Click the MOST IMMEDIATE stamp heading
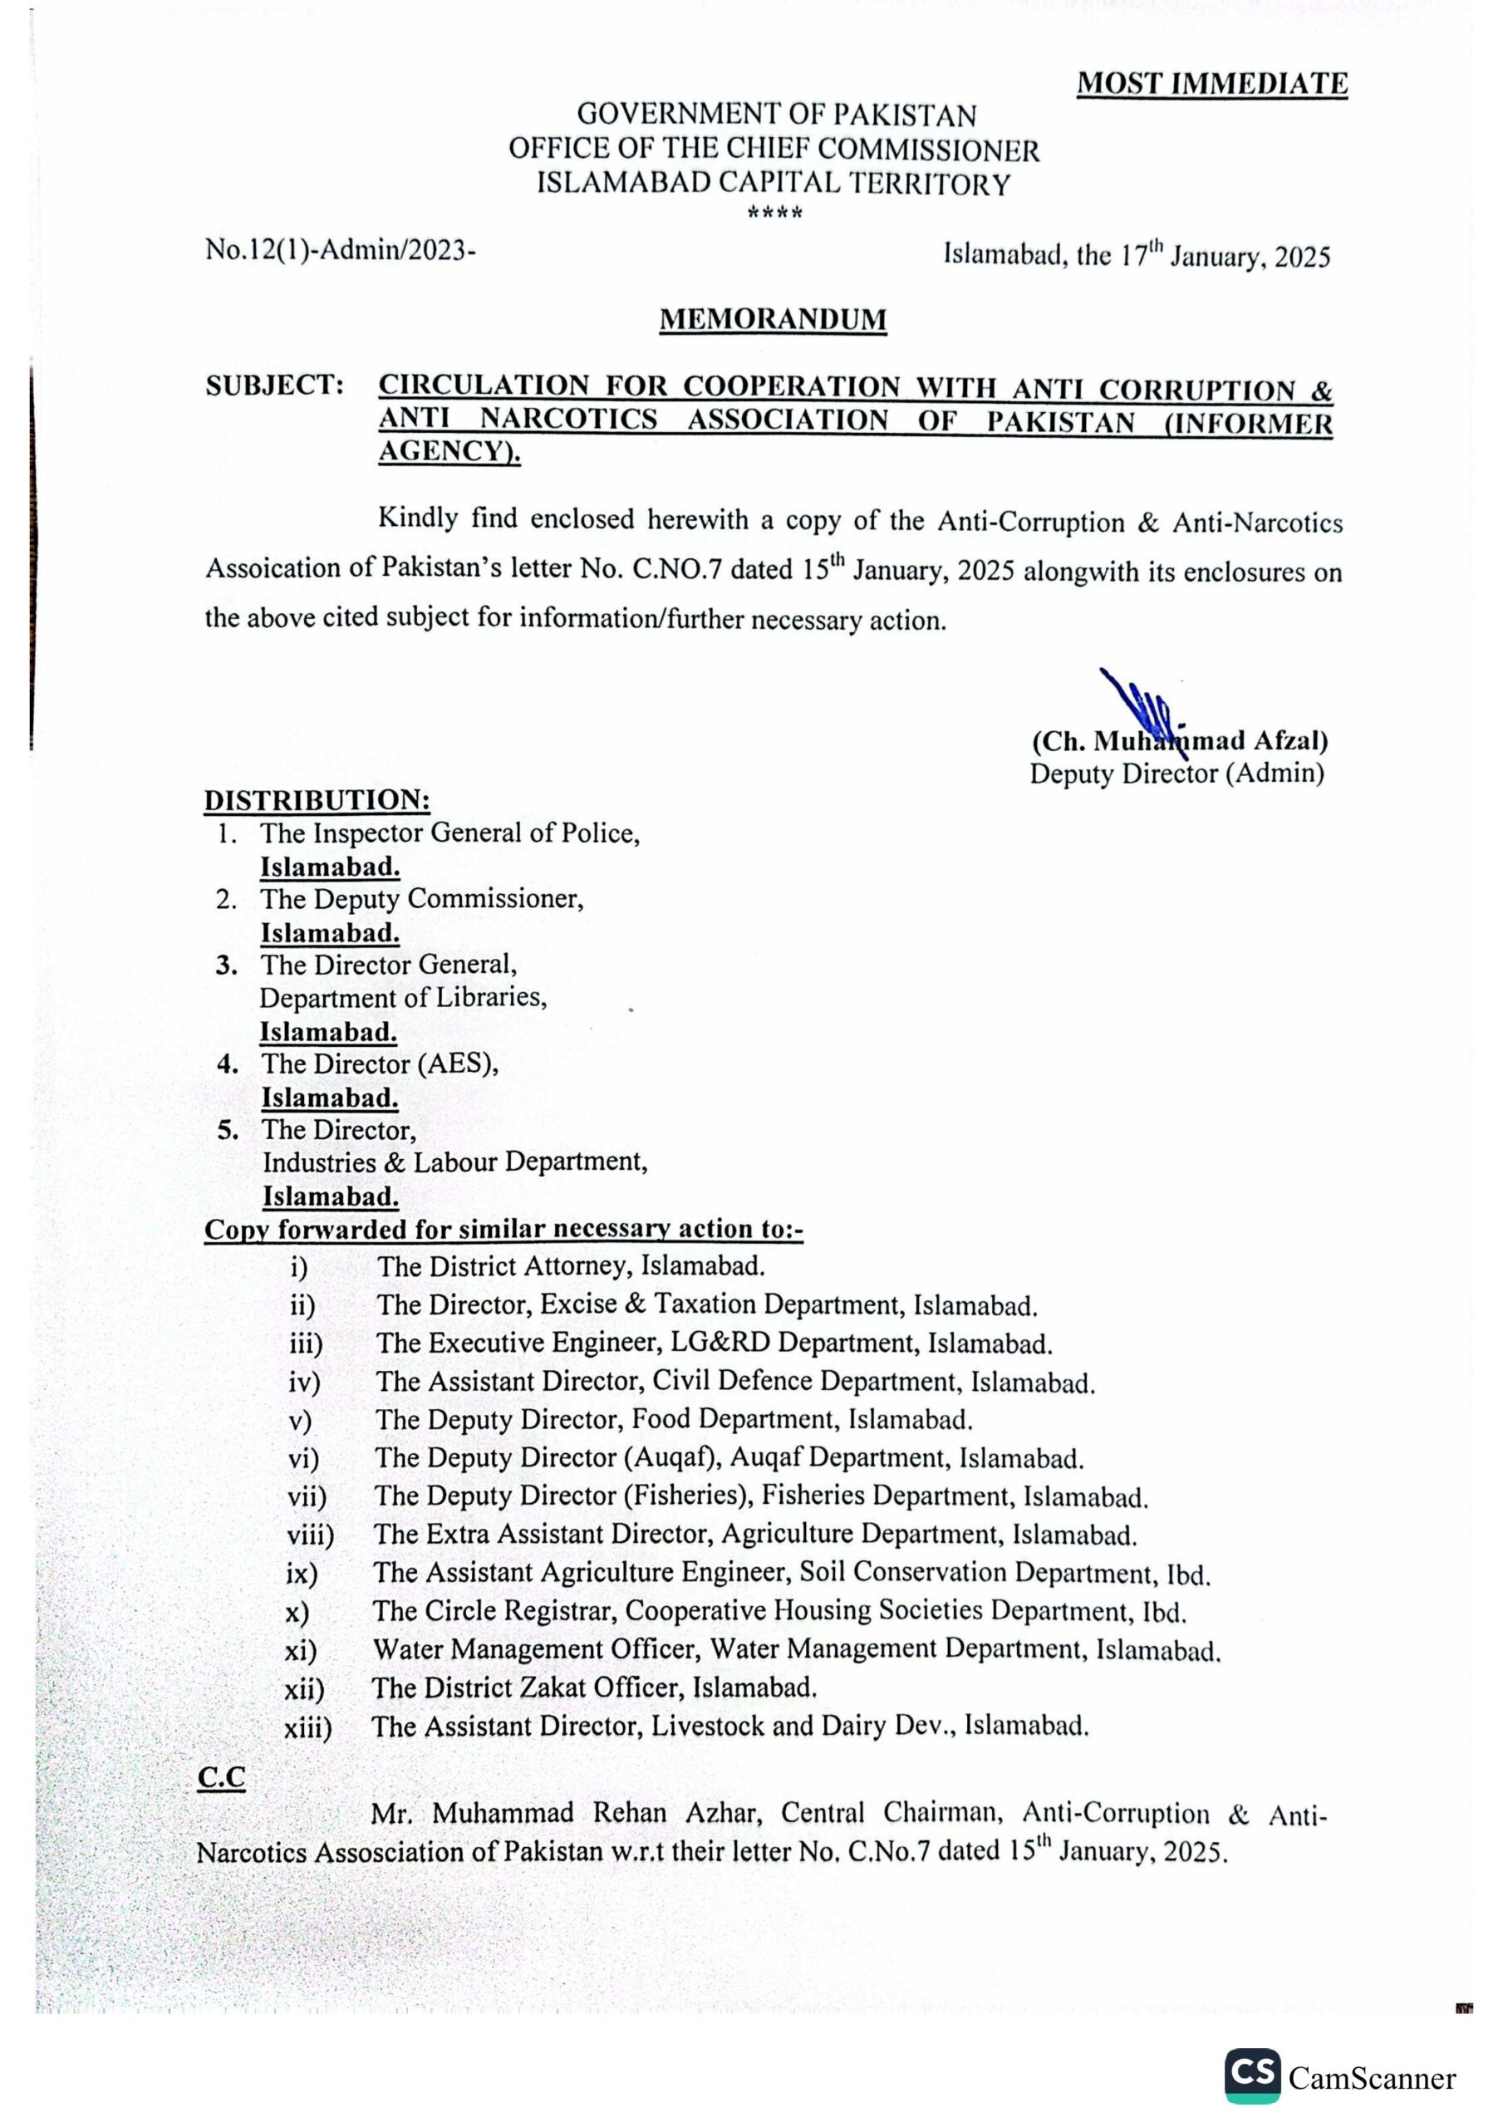click(1211, 84)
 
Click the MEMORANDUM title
click(773, 320)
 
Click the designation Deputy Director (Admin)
click(1176, 773)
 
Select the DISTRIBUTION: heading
click(317, 799)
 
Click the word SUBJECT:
click(275, 386)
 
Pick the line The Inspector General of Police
click(450, 833)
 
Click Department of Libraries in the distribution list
click(403, 998)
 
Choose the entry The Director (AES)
click(380, 1063)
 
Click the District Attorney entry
click(570, 1265)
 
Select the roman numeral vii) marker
click(307, 1496)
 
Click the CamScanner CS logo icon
click(1252, 2075)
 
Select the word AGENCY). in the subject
click(449, 453)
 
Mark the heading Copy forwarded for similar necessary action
click(503, 1230)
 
